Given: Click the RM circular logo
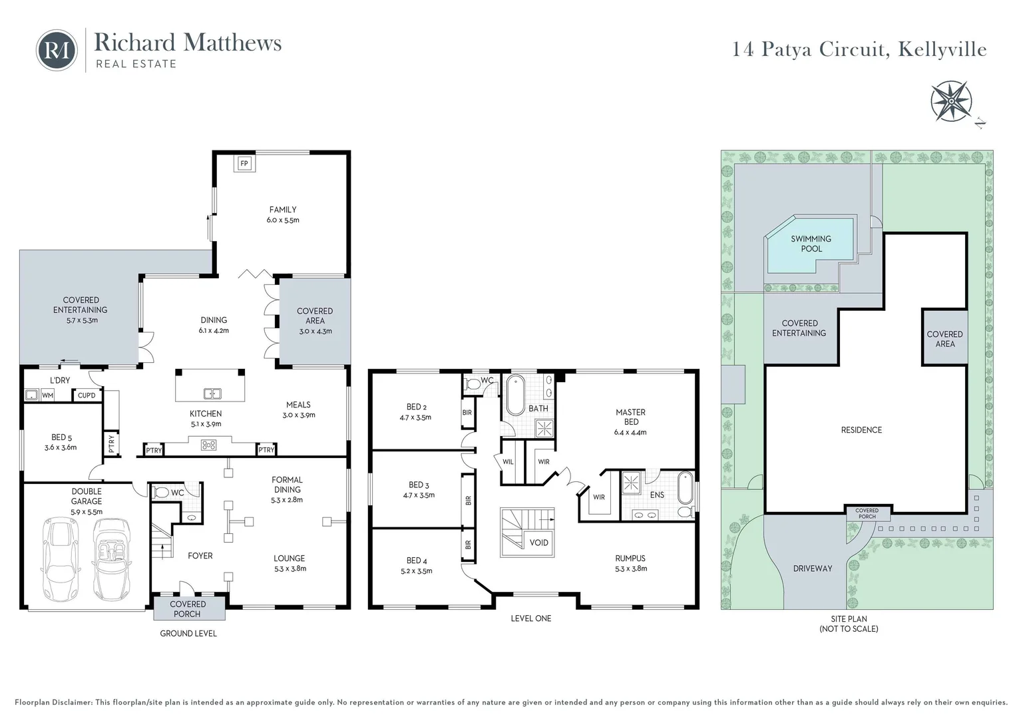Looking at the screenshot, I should pyautogui.click(x=57, y=50).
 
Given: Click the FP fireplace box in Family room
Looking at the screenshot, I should pyautogui.click(x=244, y=163).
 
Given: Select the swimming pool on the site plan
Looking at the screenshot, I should pyautogui.click(x=811, y=244).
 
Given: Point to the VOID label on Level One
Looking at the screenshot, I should pyautogui.click(x=538, y=543).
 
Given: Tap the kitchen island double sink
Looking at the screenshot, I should pyautogui.click(x=212, y=393).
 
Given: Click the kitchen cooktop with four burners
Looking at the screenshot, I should pyautogui.click(x=209, y=445).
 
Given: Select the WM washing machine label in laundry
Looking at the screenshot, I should pyautogui.click(x=47, y=395).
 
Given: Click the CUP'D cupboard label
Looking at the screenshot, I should pyautogui.click(x=87, y=395).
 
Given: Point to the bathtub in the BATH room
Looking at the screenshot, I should pyautogui.click(x=516, y=395).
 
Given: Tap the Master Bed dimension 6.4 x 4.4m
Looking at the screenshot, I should pyautogui.click(x=630, y=432).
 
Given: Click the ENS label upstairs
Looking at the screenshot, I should pyautogui.click(x=656, y=495).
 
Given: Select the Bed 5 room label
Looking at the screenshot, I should pyautogui.click(x=61, y=437).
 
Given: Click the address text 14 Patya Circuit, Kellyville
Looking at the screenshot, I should pyautogui.click(x=859, y=50).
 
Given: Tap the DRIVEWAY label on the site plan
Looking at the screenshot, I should pyautogui.click(x=812, y=569).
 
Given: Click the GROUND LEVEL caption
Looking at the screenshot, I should pyautogui.click(x=188, y=633).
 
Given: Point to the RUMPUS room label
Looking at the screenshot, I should pyautogui.click(x=630, y=559).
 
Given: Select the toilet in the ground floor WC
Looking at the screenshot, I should pyautogui.click(x=161, y=493).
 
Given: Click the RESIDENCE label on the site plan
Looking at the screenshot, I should pyautogui.click(x=861, y=430).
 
